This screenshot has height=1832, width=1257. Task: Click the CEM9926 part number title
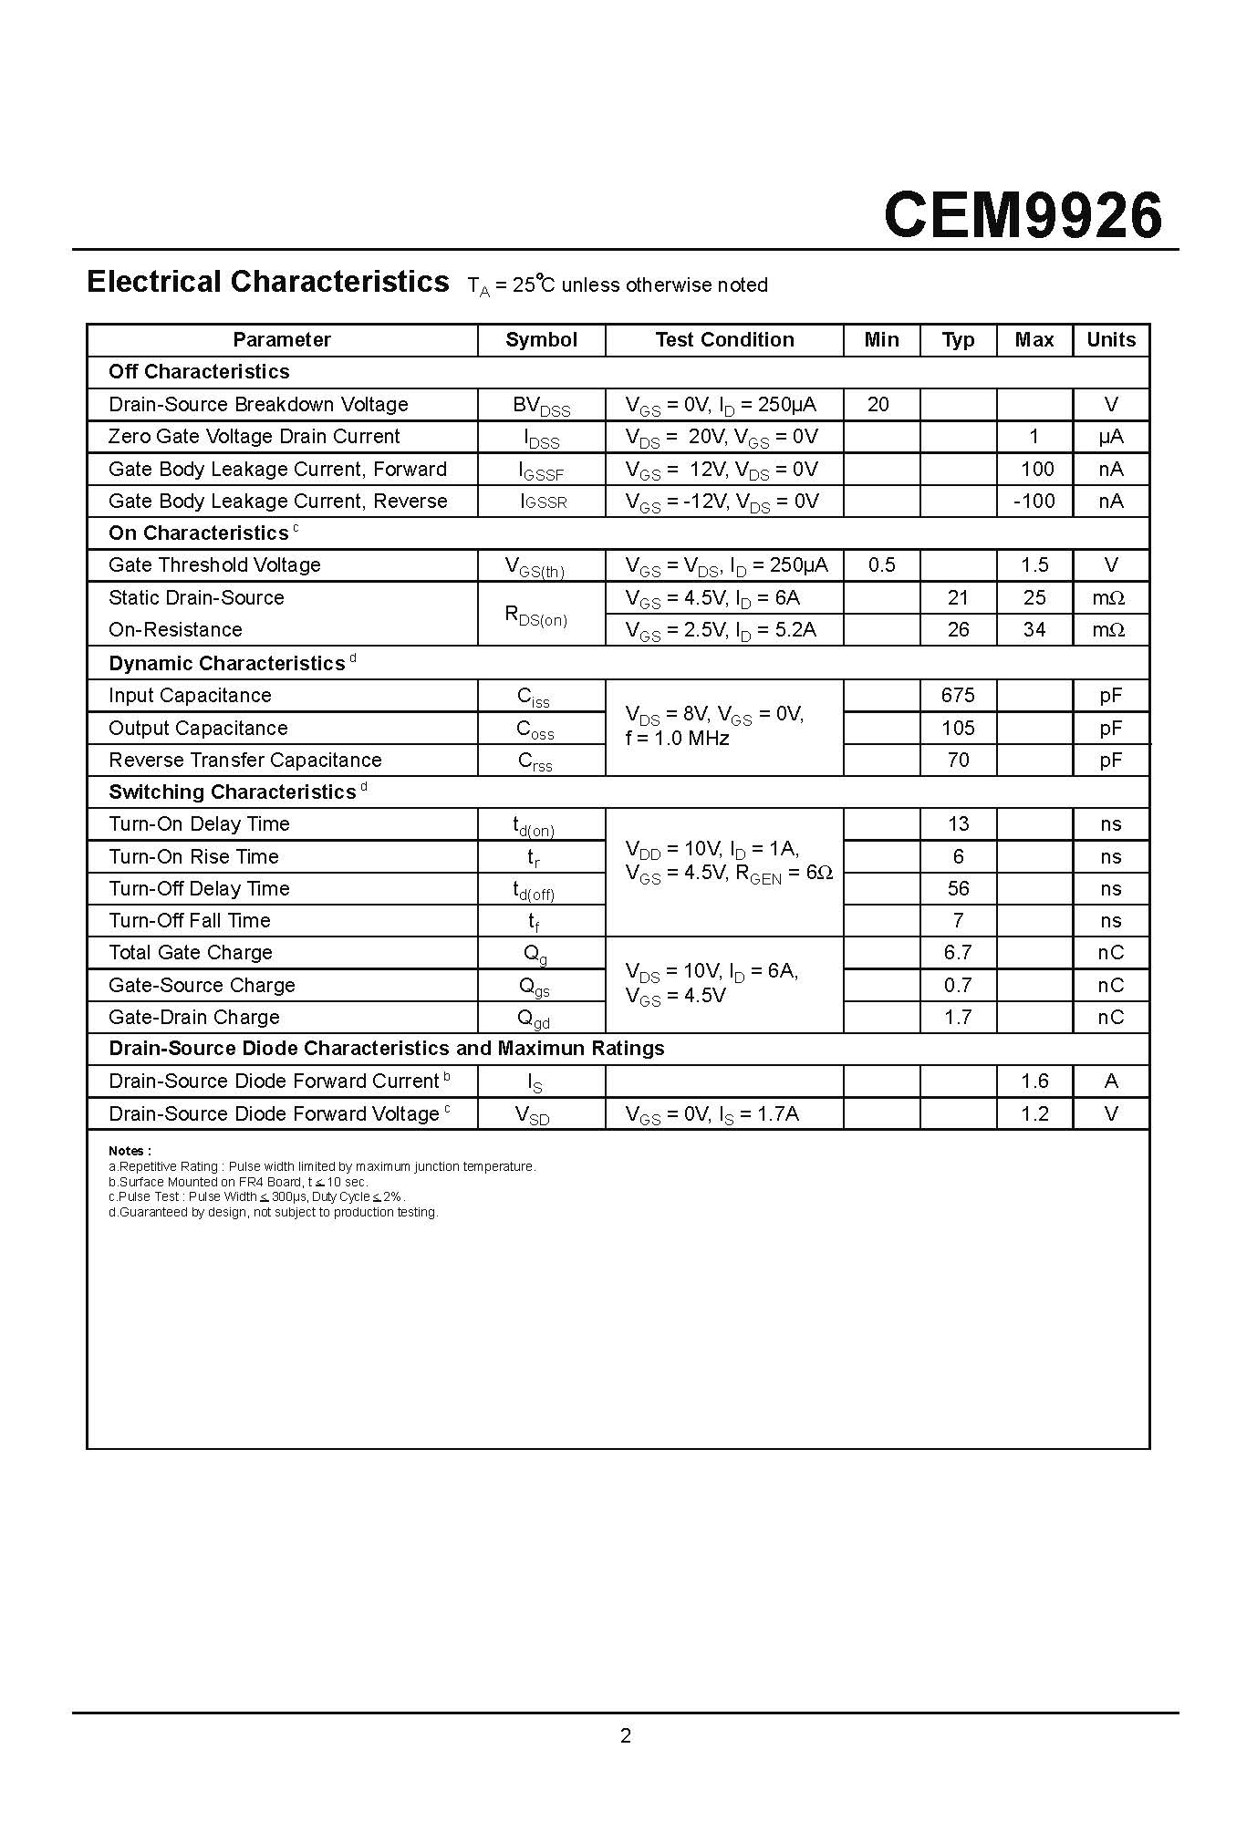pyautogui.click(x=1023, y=215)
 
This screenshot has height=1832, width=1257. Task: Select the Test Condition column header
pyautogui.click(x=724, y=340)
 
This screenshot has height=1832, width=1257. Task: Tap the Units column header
pyautogui.click(x=1110, y=340)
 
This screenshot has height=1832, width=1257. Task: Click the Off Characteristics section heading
pyautogui.click(x=199, y=372)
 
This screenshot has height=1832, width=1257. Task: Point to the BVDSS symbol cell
pyautogui.click(x=541, y=406)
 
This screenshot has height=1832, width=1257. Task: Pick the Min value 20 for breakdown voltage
pyautogui.click(x=878, y=405)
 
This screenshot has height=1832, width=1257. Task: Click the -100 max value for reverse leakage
pyautogui.click(x=1034, y=501)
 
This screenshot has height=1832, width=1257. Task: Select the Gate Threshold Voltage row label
pyautogui.click(x=214, y=565)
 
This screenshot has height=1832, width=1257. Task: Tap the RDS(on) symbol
pyautogui.click(x=536, y=616)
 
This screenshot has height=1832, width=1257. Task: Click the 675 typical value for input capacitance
pyautogui.click(x=958, y=696)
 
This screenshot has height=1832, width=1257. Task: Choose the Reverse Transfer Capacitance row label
pyautogui.click(x=244, y=761)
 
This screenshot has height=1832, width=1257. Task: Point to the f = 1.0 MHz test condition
pyautogui.click(x=677, y=739)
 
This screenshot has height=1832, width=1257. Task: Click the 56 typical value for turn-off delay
pyautogui.click(x=958, y=889)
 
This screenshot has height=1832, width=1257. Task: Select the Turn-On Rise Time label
pyautogui.click(x=193, y=857)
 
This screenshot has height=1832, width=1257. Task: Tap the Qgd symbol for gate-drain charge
pyautogui.click(x=534, y=1019)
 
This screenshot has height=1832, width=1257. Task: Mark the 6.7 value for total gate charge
pyautogui.click(x=958, y=953)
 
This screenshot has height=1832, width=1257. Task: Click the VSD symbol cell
pyautogui.click(x=533, y=1114)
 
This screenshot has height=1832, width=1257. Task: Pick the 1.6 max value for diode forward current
pyautogui.click(x=1034, y=1082)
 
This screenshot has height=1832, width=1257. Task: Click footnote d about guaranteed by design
pyautogui.click(x=273, y=1213)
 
